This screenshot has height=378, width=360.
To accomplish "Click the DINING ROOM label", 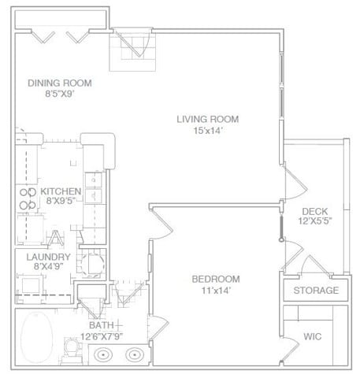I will pos(60,83).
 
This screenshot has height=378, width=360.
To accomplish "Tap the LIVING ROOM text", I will pos(207,119).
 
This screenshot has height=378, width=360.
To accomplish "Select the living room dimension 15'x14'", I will pos(207,131).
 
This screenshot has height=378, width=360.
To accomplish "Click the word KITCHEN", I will pos(61,191).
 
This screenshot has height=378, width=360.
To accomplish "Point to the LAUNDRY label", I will pos(49,257).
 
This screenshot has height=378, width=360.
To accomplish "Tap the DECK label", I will pos(314,211).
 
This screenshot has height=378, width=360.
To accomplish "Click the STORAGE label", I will pos(316,291).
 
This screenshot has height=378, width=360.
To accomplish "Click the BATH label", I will pos(100,325).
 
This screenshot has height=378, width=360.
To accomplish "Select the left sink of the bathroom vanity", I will pos(103,355).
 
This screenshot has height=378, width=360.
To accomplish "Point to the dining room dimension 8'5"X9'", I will pos(60,95).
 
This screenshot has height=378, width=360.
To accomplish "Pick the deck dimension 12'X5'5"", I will pos(314,223).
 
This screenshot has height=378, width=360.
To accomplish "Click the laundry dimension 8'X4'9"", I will pos(49,268).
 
